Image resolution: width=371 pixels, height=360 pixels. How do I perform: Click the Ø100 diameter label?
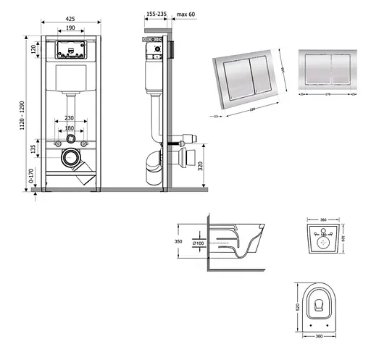pos(197,243)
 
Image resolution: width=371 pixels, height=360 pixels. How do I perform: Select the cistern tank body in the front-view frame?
pos(70,77)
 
